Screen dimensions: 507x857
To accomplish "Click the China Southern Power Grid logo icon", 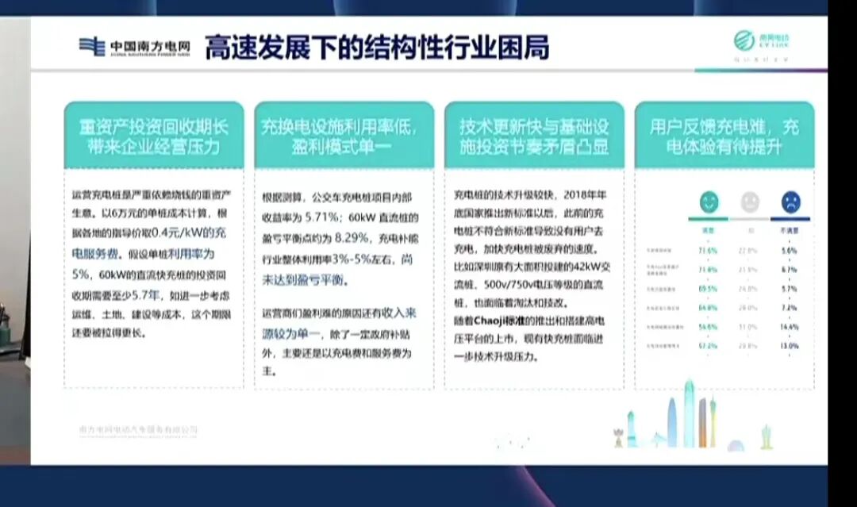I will (92, 47).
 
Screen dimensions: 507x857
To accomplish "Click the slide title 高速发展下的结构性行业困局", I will (377, 48).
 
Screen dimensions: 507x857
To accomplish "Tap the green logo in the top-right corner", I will (744, 40).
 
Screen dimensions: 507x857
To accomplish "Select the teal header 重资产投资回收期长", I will (153, 136).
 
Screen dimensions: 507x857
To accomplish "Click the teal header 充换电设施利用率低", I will (344, 136).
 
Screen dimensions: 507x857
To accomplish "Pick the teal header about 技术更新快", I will (534, 136).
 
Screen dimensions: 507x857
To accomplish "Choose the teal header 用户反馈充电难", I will (724, 136).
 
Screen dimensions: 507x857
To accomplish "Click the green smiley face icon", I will (708, 202).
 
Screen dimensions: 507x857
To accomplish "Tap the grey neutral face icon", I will (750, 202).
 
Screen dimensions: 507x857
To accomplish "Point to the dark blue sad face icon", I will (790, 202).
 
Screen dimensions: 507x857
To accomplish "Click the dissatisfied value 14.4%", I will (789, 326).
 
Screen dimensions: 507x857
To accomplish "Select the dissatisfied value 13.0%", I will (789, 346).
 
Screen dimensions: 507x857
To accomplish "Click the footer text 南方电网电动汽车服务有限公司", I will (138, 429).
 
